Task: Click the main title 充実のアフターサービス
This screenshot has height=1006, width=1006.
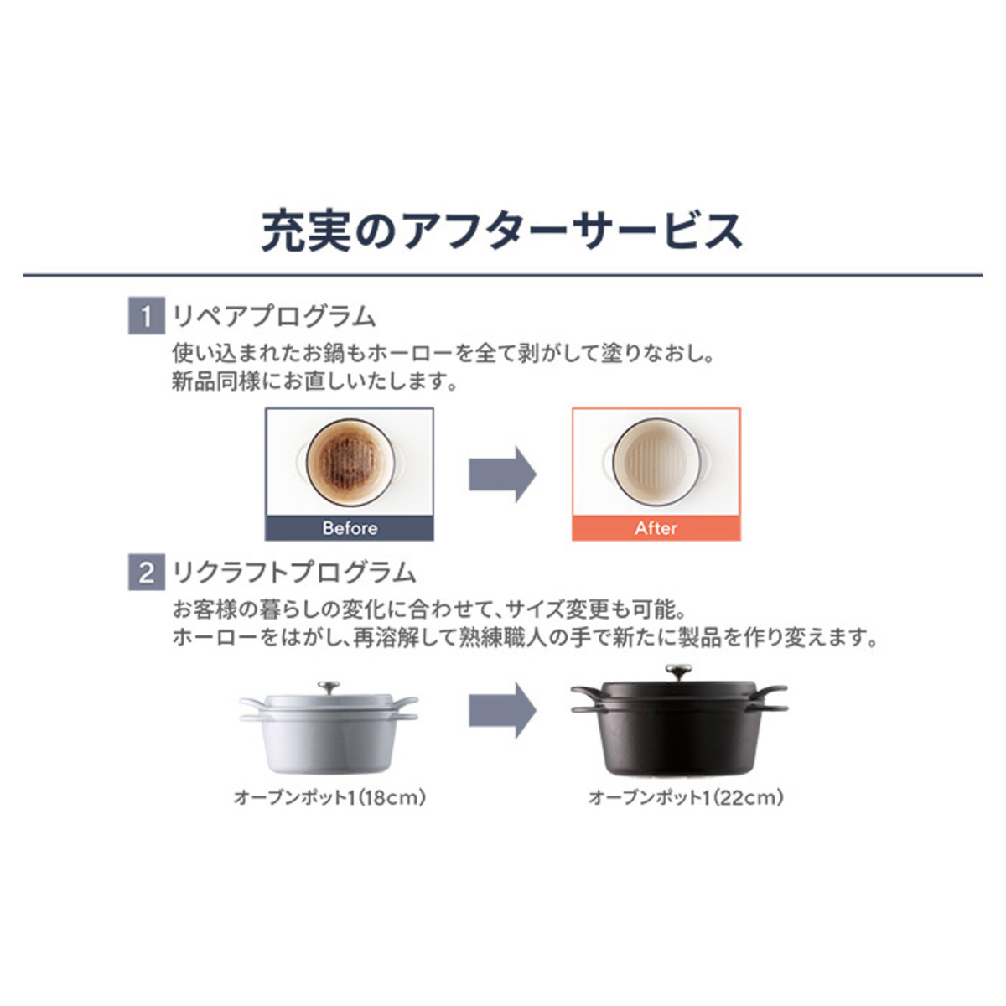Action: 501,231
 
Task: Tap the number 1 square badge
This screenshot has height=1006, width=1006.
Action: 146,315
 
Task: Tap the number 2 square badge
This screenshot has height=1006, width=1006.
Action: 146,572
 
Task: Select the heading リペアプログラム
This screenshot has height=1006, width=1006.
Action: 274,316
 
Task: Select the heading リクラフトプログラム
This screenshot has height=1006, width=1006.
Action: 294,573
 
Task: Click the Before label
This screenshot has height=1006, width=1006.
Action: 350,528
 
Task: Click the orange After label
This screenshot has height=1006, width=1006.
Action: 656,528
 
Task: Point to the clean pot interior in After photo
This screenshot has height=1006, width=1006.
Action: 656,461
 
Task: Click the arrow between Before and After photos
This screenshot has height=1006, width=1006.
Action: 502,474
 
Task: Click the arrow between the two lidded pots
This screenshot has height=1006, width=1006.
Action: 502,710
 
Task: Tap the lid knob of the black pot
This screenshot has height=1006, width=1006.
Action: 679,671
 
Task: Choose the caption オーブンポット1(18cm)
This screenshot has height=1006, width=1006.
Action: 329,797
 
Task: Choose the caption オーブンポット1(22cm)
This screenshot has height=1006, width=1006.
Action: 686,797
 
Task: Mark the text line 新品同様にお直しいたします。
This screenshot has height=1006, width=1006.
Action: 315,381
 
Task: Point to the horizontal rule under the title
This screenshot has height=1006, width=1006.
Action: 503,275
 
